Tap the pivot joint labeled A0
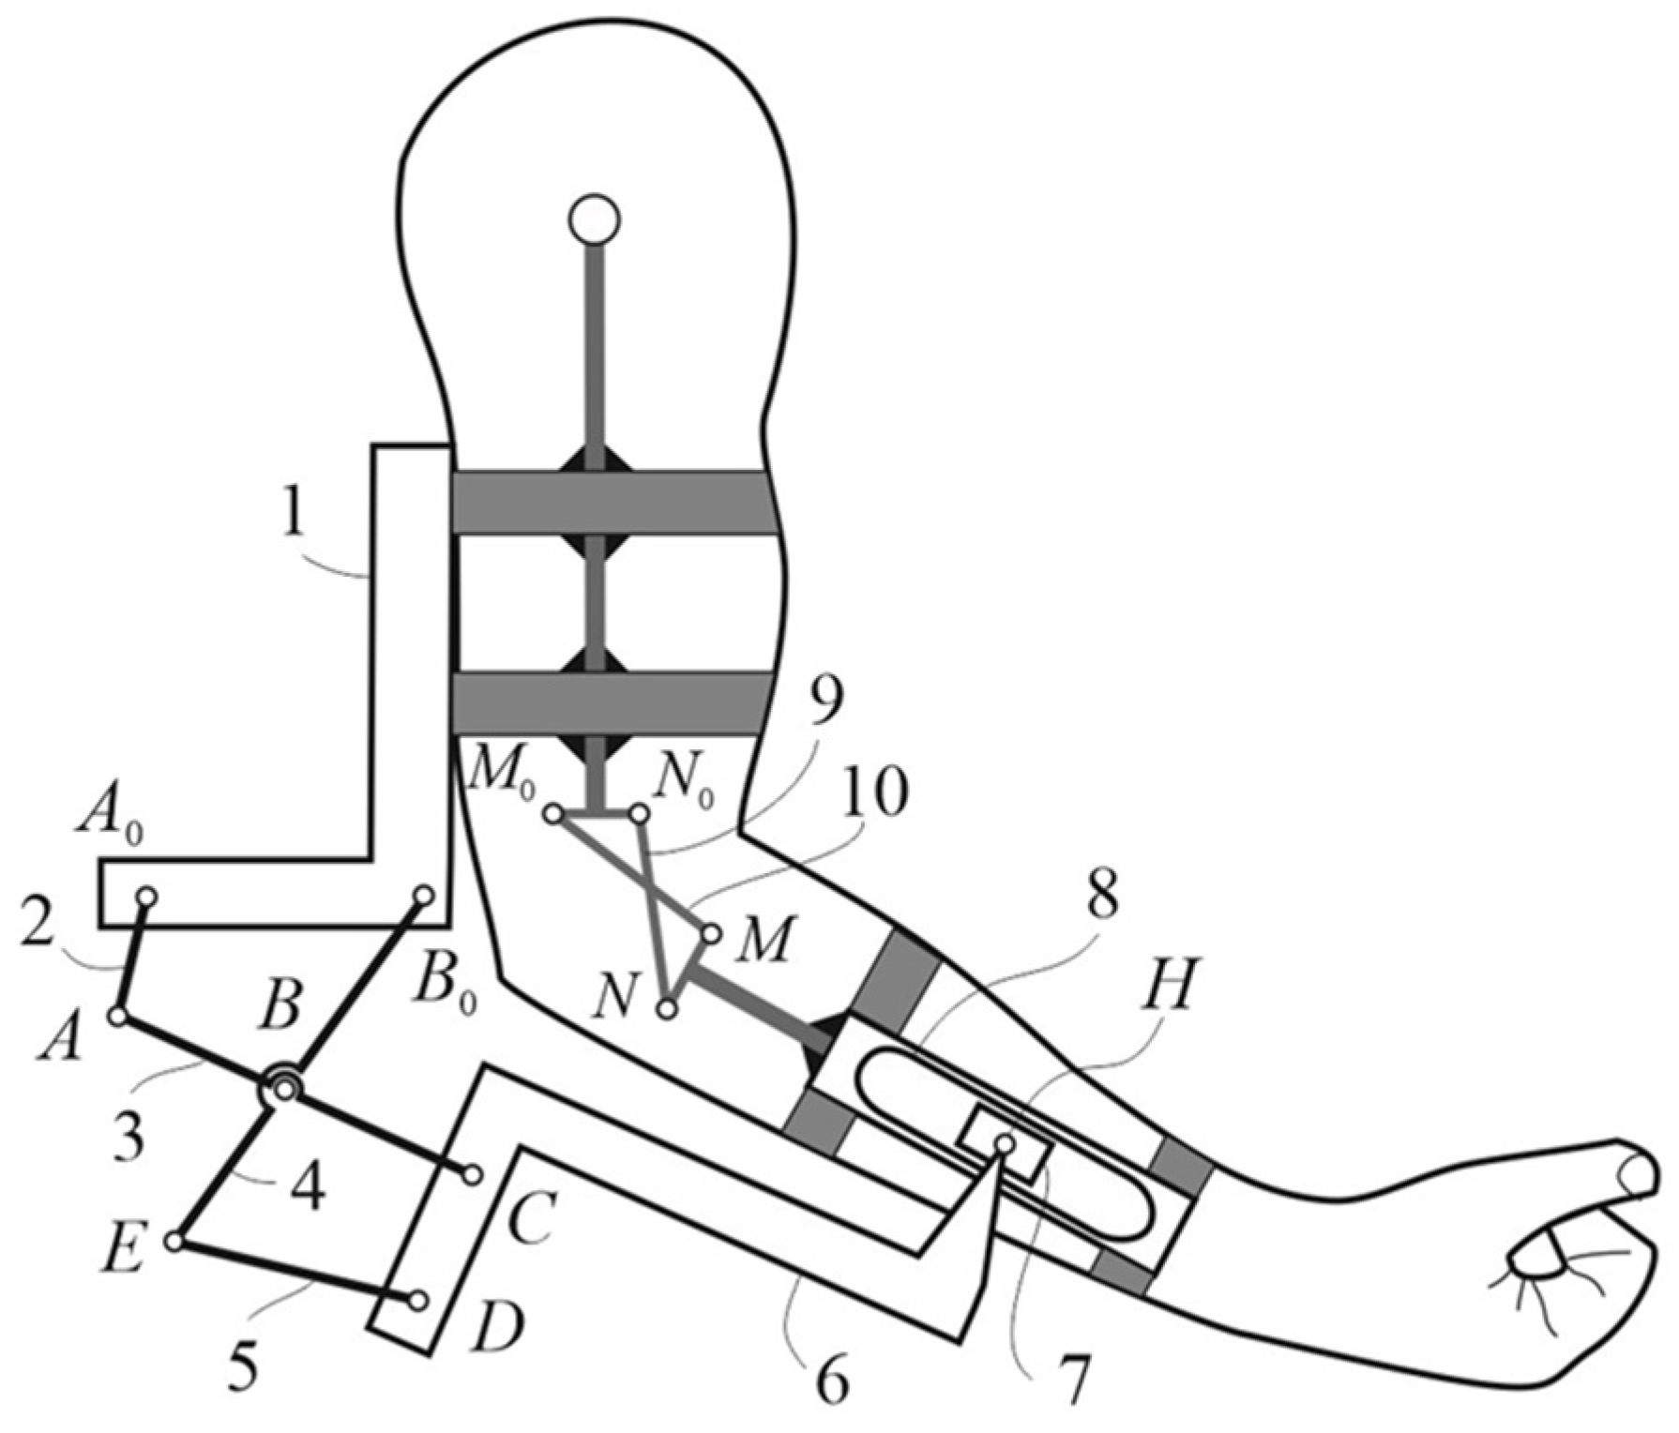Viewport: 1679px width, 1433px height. pyautogui.click(x=146, y=898)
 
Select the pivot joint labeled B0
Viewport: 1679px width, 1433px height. pyautogui.click(x=423, y=896)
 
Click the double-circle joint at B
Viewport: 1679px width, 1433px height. pyautogui.click(x=284, y=1088)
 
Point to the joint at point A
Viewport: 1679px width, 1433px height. pyautogui.click(x=118, y=1016)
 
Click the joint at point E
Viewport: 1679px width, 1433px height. pyautogui.click(x=174, y=1242)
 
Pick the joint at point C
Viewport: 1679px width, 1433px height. pyautogui.click(x=473, y=1173)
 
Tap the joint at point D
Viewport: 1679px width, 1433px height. pyautogui.click(x=418, y=1301)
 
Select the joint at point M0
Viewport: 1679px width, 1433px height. pyautogui.click(x=554, y=815)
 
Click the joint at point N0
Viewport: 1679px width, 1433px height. pyautogui.click(x=639, y=815)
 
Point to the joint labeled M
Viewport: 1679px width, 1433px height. pyautogui.click(x=711, y=934)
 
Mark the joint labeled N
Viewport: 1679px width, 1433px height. pyautogui.click(x=667, y=1010)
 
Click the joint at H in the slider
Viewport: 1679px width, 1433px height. pyautogui.click(x=1005, y=1143)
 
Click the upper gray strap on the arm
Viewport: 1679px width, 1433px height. pyautogui.click(x=614, y=502)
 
